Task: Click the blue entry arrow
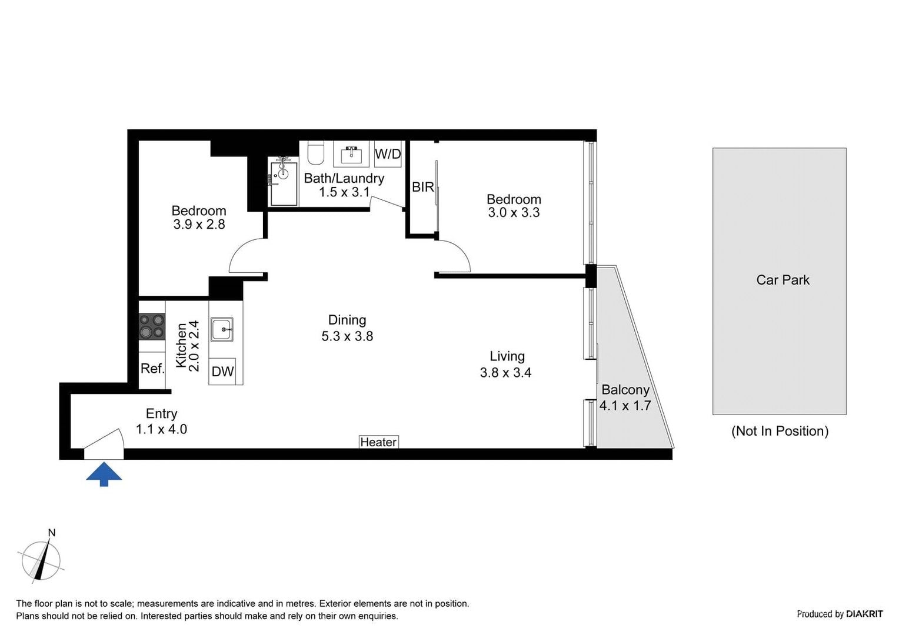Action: (104, 473)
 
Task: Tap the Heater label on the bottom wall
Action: (378, 442)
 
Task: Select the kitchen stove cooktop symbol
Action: (152, 327)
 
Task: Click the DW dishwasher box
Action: (222, 372)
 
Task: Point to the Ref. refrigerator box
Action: (152, 369)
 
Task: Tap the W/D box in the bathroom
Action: (388, 154)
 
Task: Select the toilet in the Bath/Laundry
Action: (316, 153)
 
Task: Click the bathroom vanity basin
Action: (352, 154)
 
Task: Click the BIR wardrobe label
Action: (422, 187)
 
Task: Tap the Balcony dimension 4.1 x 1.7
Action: (625, 405)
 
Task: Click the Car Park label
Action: (783, 280)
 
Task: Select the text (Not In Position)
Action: (780, 431)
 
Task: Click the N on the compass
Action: (52, 533)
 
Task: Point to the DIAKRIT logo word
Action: (864, 614)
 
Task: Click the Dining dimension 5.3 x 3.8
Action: (347, 336)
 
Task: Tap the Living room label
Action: (507, 356)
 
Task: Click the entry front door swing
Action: (104, 444)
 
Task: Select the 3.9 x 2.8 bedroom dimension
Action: (199, 224)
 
